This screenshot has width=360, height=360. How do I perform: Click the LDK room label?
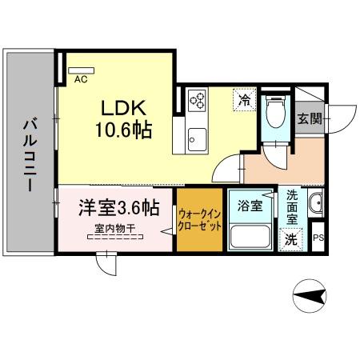pyautogui.click(x=121, y=106)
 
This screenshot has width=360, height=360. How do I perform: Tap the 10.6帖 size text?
pyautogui.click(x=121, y=128)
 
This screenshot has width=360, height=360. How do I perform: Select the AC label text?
pyautogui.click(x=80, y=79)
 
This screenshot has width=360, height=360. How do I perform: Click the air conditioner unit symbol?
pyautogui.click(x=80, y=69)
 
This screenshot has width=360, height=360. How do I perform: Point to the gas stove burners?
pyautogui.click(x=197, y=101)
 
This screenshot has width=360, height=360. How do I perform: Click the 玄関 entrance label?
pyautogui.click(x=310, y=119)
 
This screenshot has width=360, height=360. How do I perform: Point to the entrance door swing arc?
pyautogui.click(x=340, y=118)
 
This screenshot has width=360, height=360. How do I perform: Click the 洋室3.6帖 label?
pyautogui.click(x=118, y=208)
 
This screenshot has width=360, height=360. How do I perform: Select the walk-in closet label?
pyautogui.click(x=198, y=219)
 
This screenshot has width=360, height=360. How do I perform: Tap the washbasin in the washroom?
pyautogui.click(x=314, y=206)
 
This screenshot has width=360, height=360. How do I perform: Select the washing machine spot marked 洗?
pyautogui.click(x=290, y=238)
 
